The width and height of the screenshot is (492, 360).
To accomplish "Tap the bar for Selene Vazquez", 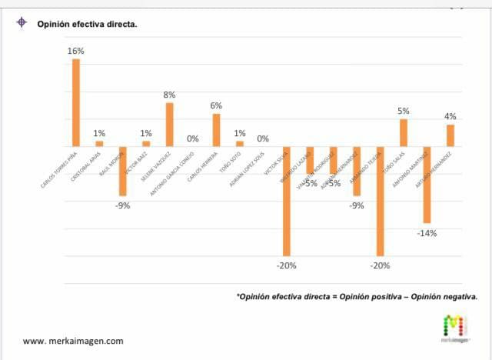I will point(169,124).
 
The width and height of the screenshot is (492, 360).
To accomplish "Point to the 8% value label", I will point(170,95).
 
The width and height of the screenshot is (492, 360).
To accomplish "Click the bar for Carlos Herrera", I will point(216,129).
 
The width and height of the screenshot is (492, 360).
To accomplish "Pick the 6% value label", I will point(216,106).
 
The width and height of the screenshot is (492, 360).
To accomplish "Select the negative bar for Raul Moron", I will point(122,171).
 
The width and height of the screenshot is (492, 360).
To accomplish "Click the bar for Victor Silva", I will point(286,200).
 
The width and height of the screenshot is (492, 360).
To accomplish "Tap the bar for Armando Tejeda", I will point(380,200).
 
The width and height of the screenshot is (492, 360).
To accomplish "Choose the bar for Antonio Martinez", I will point(427,184).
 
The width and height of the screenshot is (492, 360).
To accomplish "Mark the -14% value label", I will point(427,233).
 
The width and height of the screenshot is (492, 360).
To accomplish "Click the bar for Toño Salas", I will point(403,132).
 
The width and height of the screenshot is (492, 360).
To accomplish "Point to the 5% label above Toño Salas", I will point(403,111).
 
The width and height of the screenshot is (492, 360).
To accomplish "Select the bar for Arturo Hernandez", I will point(450,135).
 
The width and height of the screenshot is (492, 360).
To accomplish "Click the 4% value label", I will point(450,116).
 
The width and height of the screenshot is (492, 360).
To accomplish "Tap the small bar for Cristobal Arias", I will point(99,143).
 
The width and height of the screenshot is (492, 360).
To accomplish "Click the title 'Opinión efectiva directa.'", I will point(88,24).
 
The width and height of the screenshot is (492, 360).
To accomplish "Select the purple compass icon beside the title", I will point(22,22).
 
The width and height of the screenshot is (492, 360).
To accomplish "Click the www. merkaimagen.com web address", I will point(73,341).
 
